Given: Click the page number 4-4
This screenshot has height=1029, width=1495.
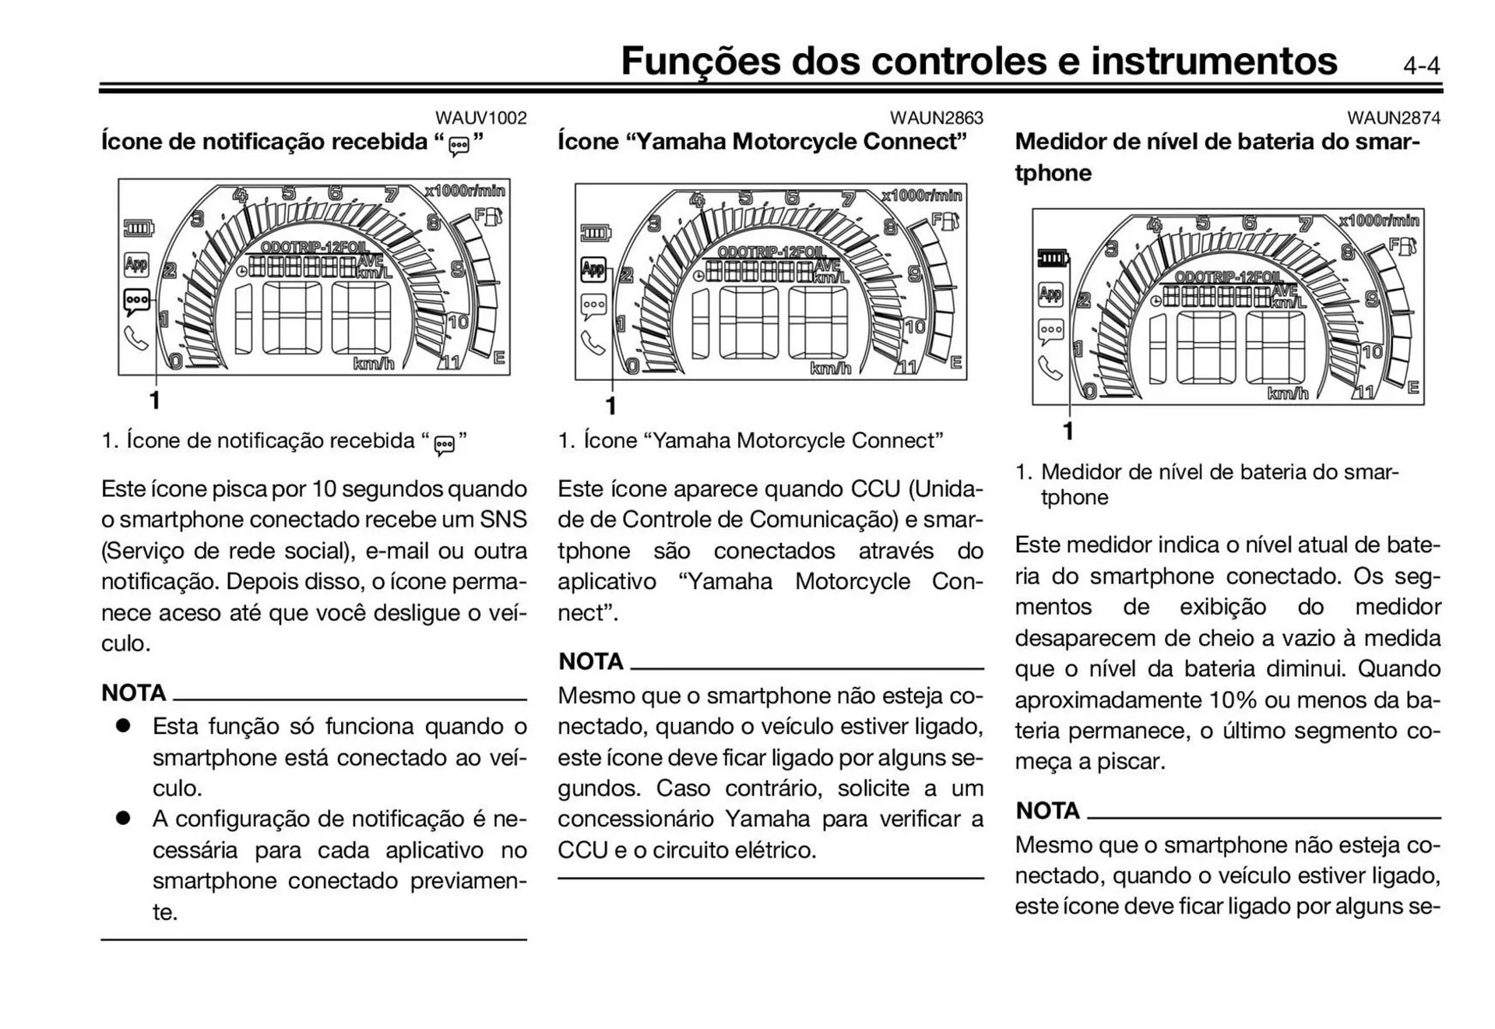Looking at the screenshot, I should [1421, 65].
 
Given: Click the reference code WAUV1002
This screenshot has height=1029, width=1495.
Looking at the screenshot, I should [480, 118].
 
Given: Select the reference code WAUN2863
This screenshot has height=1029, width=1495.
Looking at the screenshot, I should [936, 118].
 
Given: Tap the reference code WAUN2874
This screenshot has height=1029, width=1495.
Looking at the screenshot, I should [1393, 118].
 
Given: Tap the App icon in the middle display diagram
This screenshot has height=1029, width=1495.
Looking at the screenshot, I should [593, 270].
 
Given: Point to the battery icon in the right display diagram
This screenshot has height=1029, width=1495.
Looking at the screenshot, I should [1054, 258].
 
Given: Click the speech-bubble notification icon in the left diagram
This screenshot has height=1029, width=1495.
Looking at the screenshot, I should [137, 301].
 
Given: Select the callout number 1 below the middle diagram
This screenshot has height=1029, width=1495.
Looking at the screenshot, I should [611, 406].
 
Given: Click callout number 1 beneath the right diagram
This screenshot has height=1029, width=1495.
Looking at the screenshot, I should [1068, 431].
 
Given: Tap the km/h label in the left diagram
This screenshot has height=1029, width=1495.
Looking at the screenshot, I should [374, 364].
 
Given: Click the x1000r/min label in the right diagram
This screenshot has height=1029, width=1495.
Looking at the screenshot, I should [1379, 220].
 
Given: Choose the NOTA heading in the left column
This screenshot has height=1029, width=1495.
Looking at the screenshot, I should [133, 692].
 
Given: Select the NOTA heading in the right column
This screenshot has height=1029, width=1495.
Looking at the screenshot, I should [1047, 811].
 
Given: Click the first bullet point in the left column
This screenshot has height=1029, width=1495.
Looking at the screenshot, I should [123, 725].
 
